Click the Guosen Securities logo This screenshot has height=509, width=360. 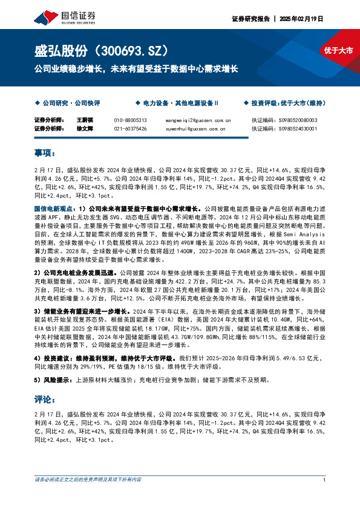[62, 15]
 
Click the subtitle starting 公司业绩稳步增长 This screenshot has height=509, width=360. [136, 69]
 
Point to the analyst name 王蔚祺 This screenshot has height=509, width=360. [83, 120]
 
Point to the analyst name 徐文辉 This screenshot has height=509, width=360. [83, 128]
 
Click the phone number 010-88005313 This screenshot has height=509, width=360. [131, 120]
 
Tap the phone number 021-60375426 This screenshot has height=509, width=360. [131, 128]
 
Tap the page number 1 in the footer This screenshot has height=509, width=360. [325, 481]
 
